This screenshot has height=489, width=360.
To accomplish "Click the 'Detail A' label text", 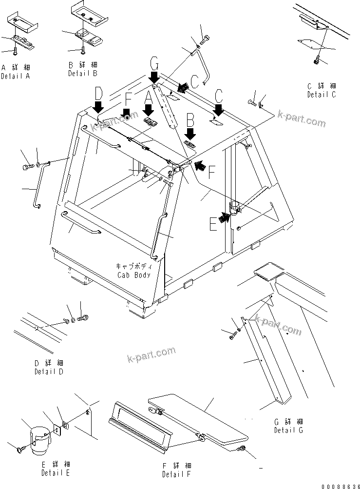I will pos(15,77).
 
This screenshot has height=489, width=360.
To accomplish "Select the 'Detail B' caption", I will pos(83,73).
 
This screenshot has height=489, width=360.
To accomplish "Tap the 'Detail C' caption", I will pos(321,95).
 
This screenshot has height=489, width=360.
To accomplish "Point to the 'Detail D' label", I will pos(49,372).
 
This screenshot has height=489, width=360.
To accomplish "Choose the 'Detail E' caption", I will pos(56,472).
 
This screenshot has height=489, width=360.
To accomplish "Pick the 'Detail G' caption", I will pos(288,430).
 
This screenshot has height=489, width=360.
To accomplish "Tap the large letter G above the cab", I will pos(154,63).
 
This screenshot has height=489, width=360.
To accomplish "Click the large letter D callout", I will pos(99,92).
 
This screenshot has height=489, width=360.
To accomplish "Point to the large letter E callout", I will pos(213,224).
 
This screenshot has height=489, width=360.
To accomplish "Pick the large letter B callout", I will pos(190,118).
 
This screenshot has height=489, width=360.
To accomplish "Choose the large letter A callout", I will pos(149,98).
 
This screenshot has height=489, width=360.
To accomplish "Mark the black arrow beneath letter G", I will pos(154,77).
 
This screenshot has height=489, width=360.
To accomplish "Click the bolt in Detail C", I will pos(317,60).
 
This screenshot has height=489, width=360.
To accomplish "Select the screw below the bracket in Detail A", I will pos(16,50).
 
